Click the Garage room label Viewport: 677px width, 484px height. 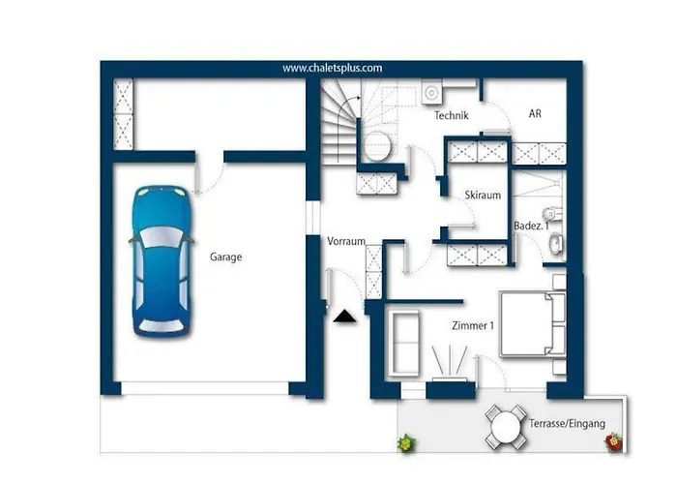225,257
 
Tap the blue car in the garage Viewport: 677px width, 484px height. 162,261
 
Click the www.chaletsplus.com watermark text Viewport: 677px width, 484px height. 333,69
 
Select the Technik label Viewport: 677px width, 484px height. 452,115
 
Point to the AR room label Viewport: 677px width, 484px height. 535,113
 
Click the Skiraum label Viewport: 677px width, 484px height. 483,195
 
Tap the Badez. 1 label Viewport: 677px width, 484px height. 531,226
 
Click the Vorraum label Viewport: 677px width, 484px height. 346,241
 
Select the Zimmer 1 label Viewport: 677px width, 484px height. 473,325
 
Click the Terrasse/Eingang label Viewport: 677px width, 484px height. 568,424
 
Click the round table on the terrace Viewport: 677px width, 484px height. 506,427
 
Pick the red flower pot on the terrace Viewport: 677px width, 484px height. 613,442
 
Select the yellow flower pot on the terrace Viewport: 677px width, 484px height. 406,443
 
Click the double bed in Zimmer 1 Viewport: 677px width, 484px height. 533,324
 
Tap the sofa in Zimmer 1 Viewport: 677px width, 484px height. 404,344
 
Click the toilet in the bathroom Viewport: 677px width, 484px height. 553,214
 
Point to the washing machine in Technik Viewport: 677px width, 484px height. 432,93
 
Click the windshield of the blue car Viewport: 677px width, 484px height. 162,237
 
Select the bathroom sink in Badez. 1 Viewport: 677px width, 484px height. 556,243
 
